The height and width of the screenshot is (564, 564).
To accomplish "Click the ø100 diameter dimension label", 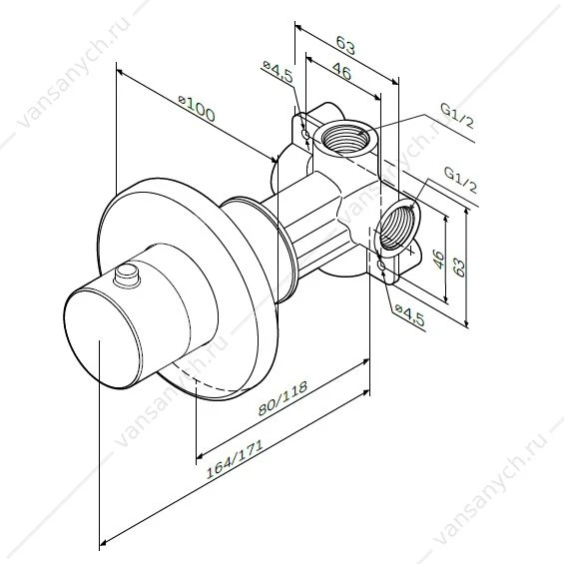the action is pos(197,109).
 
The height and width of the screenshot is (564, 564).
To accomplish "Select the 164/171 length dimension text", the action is pos(235,458).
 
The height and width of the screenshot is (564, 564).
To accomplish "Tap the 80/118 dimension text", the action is pos(283,397).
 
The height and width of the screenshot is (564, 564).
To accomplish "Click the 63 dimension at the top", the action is pos(345,45).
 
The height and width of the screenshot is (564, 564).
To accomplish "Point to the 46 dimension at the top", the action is pos(341,71).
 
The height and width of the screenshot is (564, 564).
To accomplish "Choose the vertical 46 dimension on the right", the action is pos(438,259).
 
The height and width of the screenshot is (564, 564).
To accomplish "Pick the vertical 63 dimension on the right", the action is pos(458,268).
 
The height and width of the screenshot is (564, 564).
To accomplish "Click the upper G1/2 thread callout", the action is pos(457,115).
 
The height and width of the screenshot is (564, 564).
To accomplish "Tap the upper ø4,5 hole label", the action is pos(278,71).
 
